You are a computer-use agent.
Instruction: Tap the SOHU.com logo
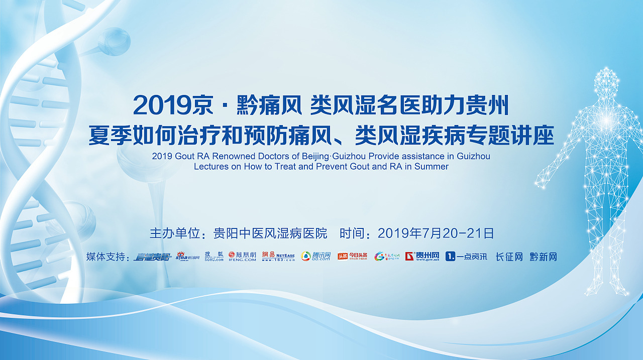tap(214, 257)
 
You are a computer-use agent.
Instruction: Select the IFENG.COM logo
tap(242, 257)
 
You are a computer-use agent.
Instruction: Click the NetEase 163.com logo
tap(278, 257)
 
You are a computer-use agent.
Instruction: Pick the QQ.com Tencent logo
tap(316, 257)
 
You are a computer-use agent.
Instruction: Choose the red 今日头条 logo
tap(352, 257)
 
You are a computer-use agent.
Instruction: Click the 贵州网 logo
tap(422, 257)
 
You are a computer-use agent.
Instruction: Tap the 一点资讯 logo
tap(466, 257)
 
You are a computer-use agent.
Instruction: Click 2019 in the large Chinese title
tap(162, 106)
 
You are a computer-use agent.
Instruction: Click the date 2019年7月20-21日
tap(436, 233)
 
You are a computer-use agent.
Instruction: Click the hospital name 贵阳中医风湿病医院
tap(270, 233)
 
